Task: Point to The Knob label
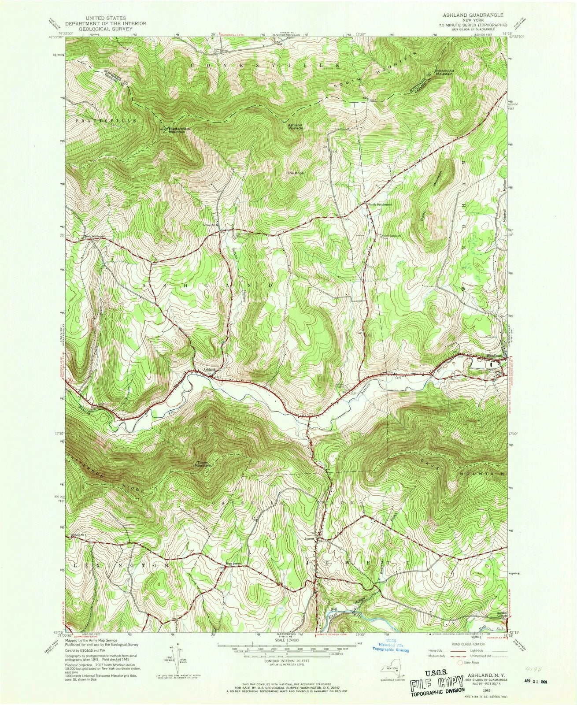(x=296, y=173)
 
